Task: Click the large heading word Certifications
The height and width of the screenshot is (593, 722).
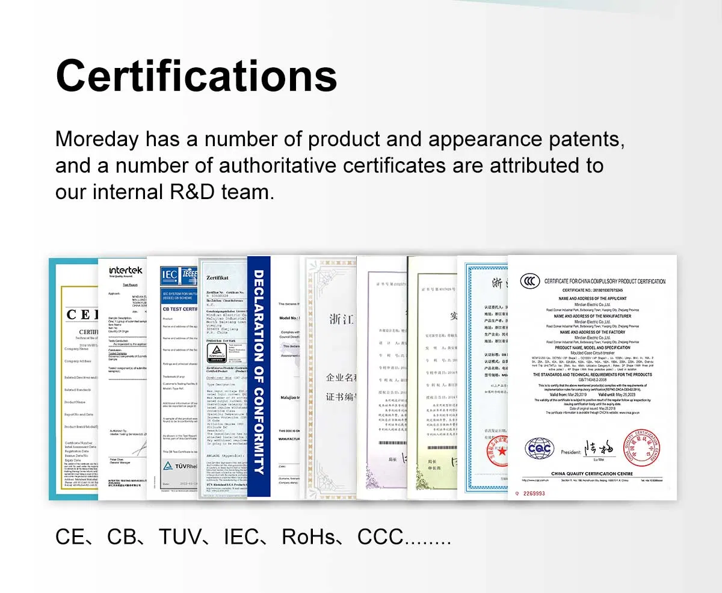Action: [x=196, y=76]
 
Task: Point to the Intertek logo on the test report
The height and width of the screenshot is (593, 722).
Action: [x=125, y=271]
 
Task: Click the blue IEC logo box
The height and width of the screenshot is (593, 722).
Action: [x=169, y=275]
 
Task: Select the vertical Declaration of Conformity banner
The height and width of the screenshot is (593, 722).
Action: [x=259, y=372]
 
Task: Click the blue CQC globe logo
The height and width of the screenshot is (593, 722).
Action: [x=538, y=448]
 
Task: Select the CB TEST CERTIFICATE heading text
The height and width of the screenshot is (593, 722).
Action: [x=180, y=309]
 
